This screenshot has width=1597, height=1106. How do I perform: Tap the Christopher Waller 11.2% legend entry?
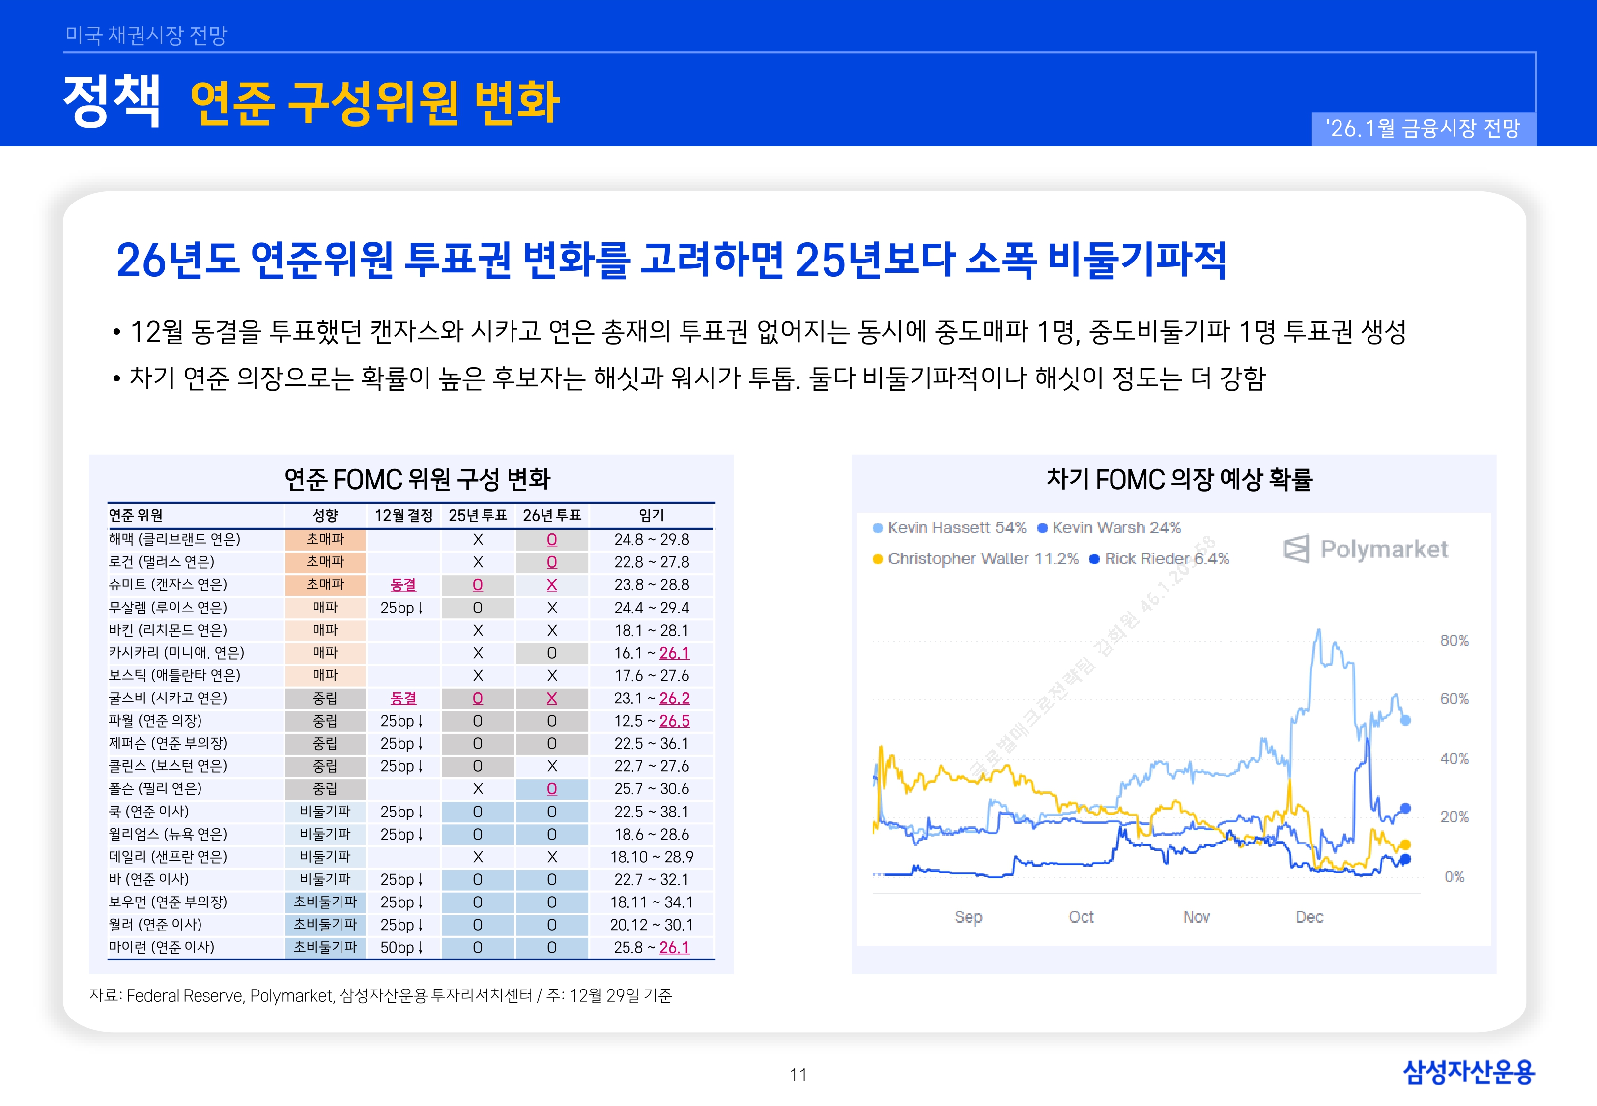point(976,559)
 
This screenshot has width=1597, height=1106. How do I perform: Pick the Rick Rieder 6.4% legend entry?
point(1160,559)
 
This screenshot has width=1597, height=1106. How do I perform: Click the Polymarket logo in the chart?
point(1365,550)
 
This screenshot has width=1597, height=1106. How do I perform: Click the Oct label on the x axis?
point(1081,917)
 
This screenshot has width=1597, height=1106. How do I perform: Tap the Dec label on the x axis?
point(1309,917)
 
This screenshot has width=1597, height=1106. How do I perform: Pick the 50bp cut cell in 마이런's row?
point(401,947)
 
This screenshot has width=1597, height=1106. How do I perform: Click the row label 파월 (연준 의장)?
point(155,721)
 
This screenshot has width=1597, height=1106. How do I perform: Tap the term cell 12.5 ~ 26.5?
point(651,721)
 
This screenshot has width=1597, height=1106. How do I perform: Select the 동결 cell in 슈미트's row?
point(403,585)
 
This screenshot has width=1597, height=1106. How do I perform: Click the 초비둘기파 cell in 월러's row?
point(325,925)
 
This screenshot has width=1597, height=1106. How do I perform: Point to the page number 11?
point(798,1075)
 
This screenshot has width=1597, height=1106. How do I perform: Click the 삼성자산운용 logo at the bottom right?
point(1468,1072)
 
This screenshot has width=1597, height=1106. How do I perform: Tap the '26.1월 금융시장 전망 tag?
point(1423,129)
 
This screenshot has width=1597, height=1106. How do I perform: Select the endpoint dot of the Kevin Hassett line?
point(1405,720)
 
